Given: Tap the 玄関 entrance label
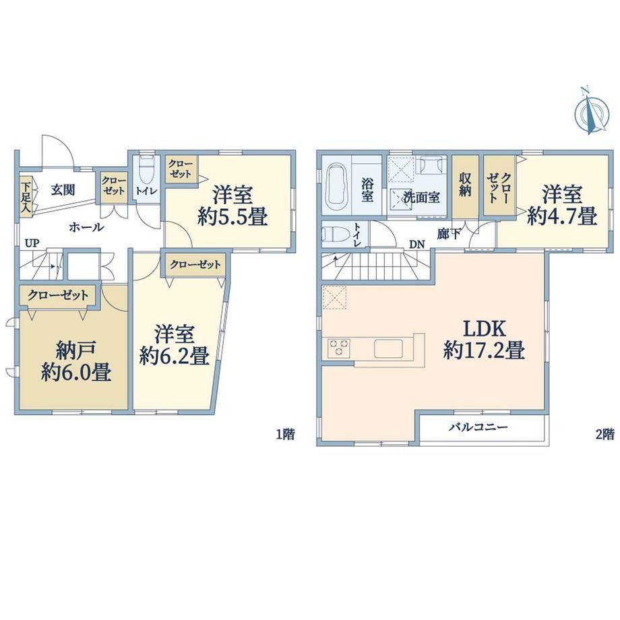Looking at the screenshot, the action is click(63, 190).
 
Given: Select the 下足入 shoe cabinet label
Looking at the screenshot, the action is click(26, 197).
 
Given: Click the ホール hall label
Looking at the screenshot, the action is click(86, 227).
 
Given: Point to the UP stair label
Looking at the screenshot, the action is click(32, 243).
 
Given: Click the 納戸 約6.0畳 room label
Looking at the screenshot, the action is click(76, 361).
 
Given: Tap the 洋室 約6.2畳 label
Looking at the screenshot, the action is click(175, 344).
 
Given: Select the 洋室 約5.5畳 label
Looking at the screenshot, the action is click(232, 206).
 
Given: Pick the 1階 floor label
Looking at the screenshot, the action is click(285, 435).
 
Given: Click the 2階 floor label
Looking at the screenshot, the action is click(605, 435).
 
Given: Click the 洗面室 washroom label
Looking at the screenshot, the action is click(421, 197).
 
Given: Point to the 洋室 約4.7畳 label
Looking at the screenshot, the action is click(562, 206).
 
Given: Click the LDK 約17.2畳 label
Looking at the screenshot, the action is click(485, 340).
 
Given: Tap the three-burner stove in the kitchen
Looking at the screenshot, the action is click(339, 348).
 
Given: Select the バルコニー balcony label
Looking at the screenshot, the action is click(478, 427).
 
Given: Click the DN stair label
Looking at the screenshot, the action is click(416, 245).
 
